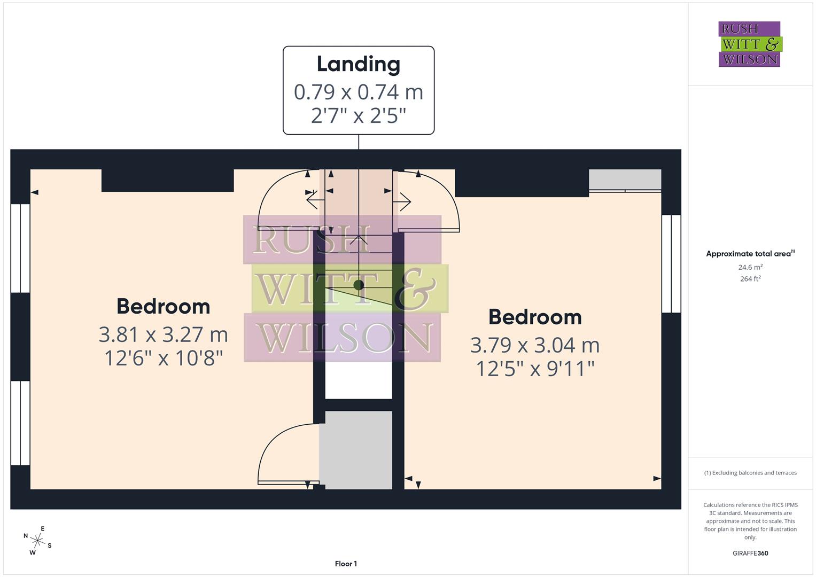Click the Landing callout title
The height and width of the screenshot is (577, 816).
(x=358, y=64)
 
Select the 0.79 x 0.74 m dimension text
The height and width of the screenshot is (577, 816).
(x=358, y=92)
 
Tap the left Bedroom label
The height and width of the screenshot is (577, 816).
(x=163, y=307)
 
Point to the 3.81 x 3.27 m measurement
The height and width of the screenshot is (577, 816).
(x=163, y=334)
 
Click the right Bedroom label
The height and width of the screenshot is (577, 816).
(x=535, y=317)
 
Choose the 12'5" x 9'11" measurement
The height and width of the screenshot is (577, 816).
(x=535, y=369)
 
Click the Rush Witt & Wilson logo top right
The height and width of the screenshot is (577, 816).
(x=749, y=44)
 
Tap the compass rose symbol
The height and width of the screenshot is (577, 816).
(x=37, y=541)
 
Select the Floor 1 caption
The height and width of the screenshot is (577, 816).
(x=346, y=564)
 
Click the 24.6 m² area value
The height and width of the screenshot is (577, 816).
(x=750, y=267)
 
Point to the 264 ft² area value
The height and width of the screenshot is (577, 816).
(x=750, y=279)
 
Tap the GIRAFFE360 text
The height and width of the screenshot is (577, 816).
(x=750, y=553)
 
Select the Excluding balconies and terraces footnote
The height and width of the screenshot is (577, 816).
(x=750, y=473)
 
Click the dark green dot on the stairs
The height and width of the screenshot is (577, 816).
(x=359, y=285)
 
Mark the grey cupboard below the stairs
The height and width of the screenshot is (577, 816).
(x=356, y=450)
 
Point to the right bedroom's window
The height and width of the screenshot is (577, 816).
(x=671, y=264)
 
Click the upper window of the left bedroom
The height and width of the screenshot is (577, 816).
(x=20, y=248)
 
